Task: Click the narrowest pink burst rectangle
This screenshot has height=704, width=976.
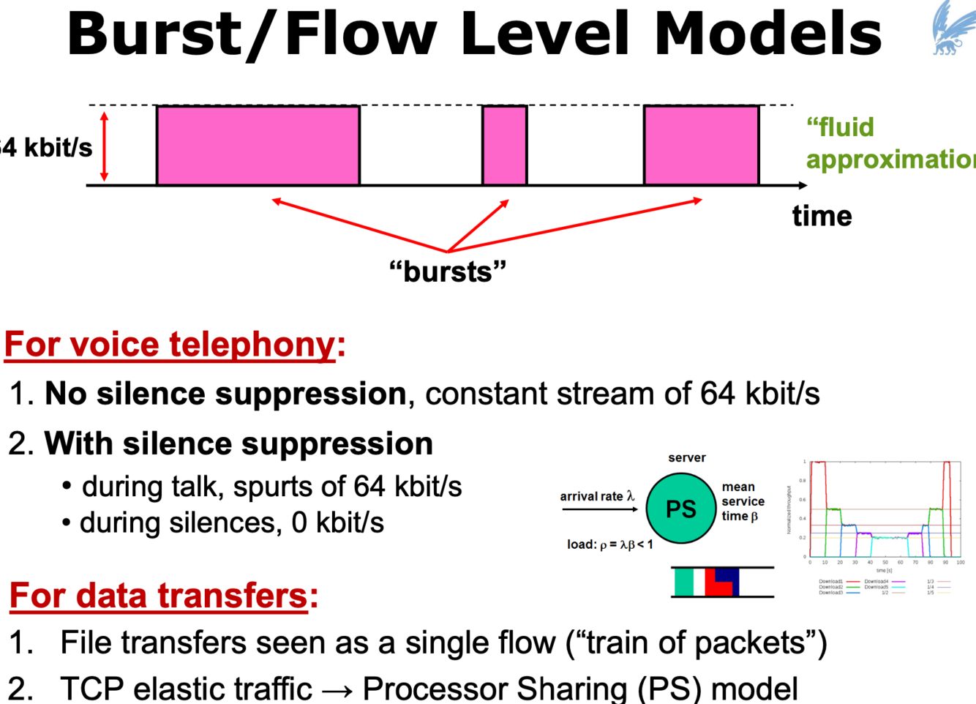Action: (x=504, y=145)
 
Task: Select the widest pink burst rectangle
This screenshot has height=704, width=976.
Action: (x=258, y=145)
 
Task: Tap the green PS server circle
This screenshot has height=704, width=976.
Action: (x=680, y=509)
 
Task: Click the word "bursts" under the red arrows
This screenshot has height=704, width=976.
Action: (x=448, y=272)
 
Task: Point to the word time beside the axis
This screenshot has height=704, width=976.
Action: (x=822, y=216)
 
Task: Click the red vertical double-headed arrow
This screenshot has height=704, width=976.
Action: (x=105, y=146)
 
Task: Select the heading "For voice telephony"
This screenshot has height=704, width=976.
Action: (x=170, y=344)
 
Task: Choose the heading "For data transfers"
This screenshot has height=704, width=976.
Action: (x=159, y=595)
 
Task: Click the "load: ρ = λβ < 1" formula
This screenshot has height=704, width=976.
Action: (x=609, y=544)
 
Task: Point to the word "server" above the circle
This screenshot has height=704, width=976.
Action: (x=686, y=457)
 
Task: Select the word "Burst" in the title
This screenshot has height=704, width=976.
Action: (x=153, y=34)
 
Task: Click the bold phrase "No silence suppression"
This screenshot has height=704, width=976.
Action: (x=225, y=394)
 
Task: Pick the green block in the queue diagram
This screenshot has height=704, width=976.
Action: (x=683, y=582)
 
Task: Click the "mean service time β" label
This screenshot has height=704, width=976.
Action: (x=742, y=501)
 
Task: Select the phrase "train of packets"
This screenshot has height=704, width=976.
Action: (x=694, y=643)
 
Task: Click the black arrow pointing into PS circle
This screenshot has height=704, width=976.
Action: (x=600, y=509)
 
